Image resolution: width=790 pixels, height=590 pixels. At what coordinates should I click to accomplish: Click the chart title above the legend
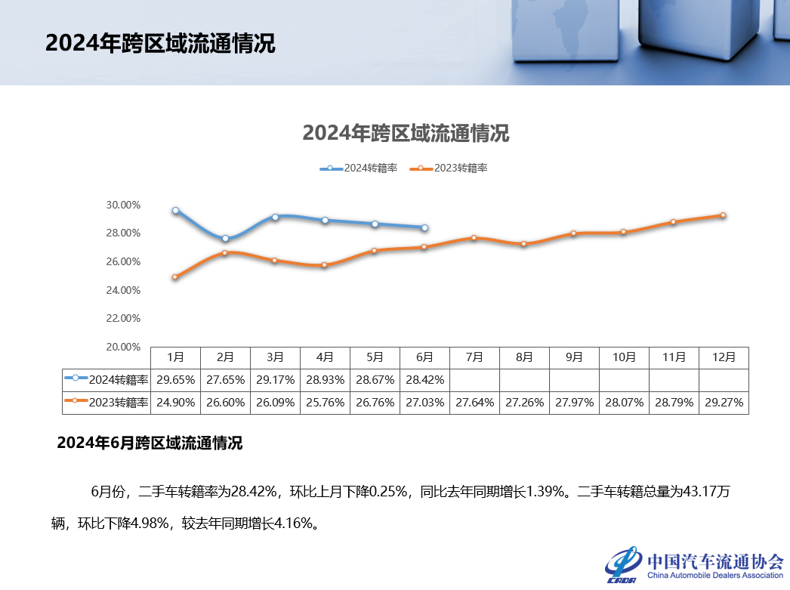(x=406, y=134)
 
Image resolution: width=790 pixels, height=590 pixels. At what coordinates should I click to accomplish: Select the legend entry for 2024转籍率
(x=359, y=168)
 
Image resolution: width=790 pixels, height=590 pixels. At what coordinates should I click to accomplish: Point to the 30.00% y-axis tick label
(x=123, y=205)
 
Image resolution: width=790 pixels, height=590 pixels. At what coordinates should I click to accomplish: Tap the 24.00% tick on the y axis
(x=123, y=290)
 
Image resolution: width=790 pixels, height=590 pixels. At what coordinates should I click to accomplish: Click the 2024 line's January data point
(x=175, y=211)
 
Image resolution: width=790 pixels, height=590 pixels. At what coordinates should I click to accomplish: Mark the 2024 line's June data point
(x=424, y=227)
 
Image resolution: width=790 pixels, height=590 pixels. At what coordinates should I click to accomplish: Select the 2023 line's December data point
(x=723, y=215)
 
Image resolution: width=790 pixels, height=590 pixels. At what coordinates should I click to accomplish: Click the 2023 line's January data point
(x=175, y=277)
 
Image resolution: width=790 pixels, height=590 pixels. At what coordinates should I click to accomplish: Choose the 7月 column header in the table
(x=474, y=357)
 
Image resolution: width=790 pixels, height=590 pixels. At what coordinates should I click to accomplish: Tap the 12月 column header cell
(x=724, y=357)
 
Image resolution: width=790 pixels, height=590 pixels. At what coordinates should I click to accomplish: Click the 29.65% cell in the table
(x=175, y=379)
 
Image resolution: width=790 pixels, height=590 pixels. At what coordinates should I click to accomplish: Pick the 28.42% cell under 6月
(x=424, y=379)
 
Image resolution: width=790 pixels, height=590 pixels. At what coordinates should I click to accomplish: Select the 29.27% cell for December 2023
(x=724, y=403)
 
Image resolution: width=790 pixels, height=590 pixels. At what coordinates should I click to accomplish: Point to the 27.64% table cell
(x=474, y=403)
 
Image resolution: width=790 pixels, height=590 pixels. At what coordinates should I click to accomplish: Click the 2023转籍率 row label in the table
(x=106, y=403)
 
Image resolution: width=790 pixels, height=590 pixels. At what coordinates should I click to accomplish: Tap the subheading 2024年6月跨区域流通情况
(x=150, y=443)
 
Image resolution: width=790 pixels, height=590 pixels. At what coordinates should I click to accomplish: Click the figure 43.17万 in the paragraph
(x=705, y=493)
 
